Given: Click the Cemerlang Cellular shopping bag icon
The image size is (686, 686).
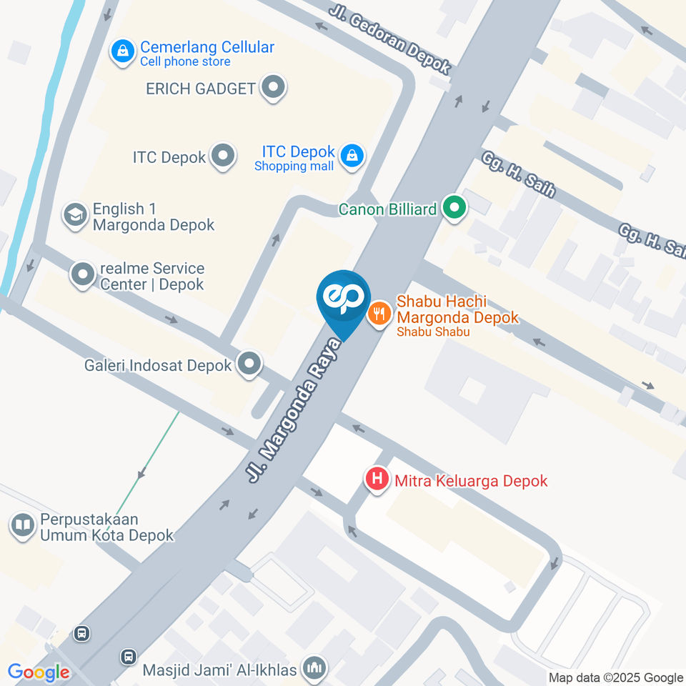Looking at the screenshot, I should click(x=124, y=51).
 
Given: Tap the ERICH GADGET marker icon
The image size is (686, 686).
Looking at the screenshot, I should click(x=273, y=89).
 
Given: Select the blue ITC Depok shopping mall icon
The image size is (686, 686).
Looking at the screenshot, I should click(x=352, y=155).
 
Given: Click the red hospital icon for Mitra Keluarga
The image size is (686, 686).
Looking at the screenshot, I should click(x=377, y=478).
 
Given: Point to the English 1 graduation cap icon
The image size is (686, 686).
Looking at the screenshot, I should click(x=74, y=214).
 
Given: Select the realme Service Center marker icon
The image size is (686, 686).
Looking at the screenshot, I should click(x=82, y=274).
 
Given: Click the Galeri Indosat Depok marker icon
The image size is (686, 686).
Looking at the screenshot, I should click(x=249, y=364).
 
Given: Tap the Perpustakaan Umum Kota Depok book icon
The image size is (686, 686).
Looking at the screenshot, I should click(x=23, y=527).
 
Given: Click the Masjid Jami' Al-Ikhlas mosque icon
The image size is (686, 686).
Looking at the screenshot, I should click(x=313, y=670).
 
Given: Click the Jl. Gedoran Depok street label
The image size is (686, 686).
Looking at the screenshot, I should click(x=390, y=40).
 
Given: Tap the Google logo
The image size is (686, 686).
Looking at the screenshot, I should click(x=39, y=672).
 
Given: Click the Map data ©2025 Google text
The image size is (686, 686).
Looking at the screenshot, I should click(x=615, y=677).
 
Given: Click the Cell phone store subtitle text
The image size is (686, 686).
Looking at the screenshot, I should click(x=185, y=62).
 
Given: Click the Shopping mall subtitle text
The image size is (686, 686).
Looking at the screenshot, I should click(x=294, y=166).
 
